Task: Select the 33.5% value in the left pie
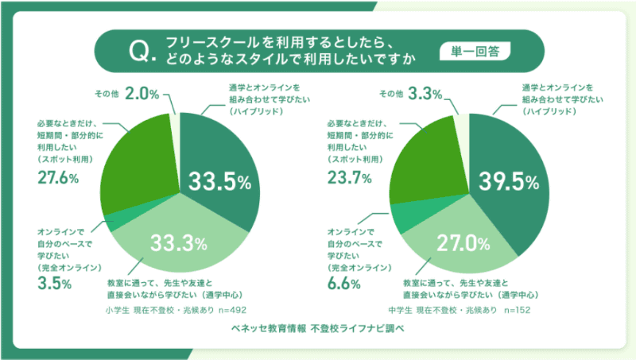(x=219, y=182)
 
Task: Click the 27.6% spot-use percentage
(x=58, y=177)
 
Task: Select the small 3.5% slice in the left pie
(x=113, y=221)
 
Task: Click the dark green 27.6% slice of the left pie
(x=140, y=159)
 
